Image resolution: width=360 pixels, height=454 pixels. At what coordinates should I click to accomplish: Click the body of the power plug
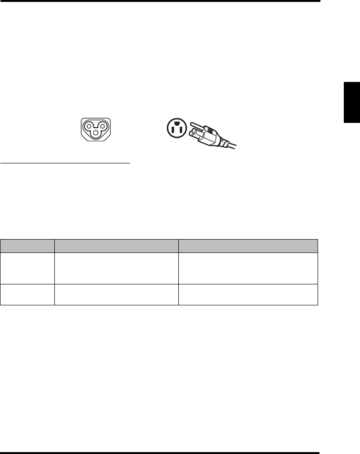(210, 134)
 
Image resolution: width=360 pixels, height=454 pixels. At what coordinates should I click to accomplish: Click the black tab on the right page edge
(352, 103)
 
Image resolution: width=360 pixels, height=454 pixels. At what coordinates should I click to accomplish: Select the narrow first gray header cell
(28, 245)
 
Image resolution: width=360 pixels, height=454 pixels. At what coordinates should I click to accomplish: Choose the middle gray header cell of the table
(116, 245)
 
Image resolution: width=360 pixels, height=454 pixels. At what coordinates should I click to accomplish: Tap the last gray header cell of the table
(248, 245)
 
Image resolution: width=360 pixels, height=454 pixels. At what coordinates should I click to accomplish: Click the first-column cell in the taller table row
(28, 268)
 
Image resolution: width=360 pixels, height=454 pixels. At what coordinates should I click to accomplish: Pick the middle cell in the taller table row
(116, 268)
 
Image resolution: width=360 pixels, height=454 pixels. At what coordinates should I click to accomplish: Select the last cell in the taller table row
(248, 268)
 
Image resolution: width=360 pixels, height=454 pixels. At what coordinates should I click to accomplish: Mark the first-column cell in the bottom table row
(28, 294)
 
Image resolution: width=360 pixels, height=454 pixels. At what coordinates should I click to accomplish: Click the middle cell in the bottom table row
(116, 294)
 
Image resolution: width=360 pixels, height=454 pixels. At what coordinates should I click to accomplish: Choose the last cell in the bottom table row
(248, 294)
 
